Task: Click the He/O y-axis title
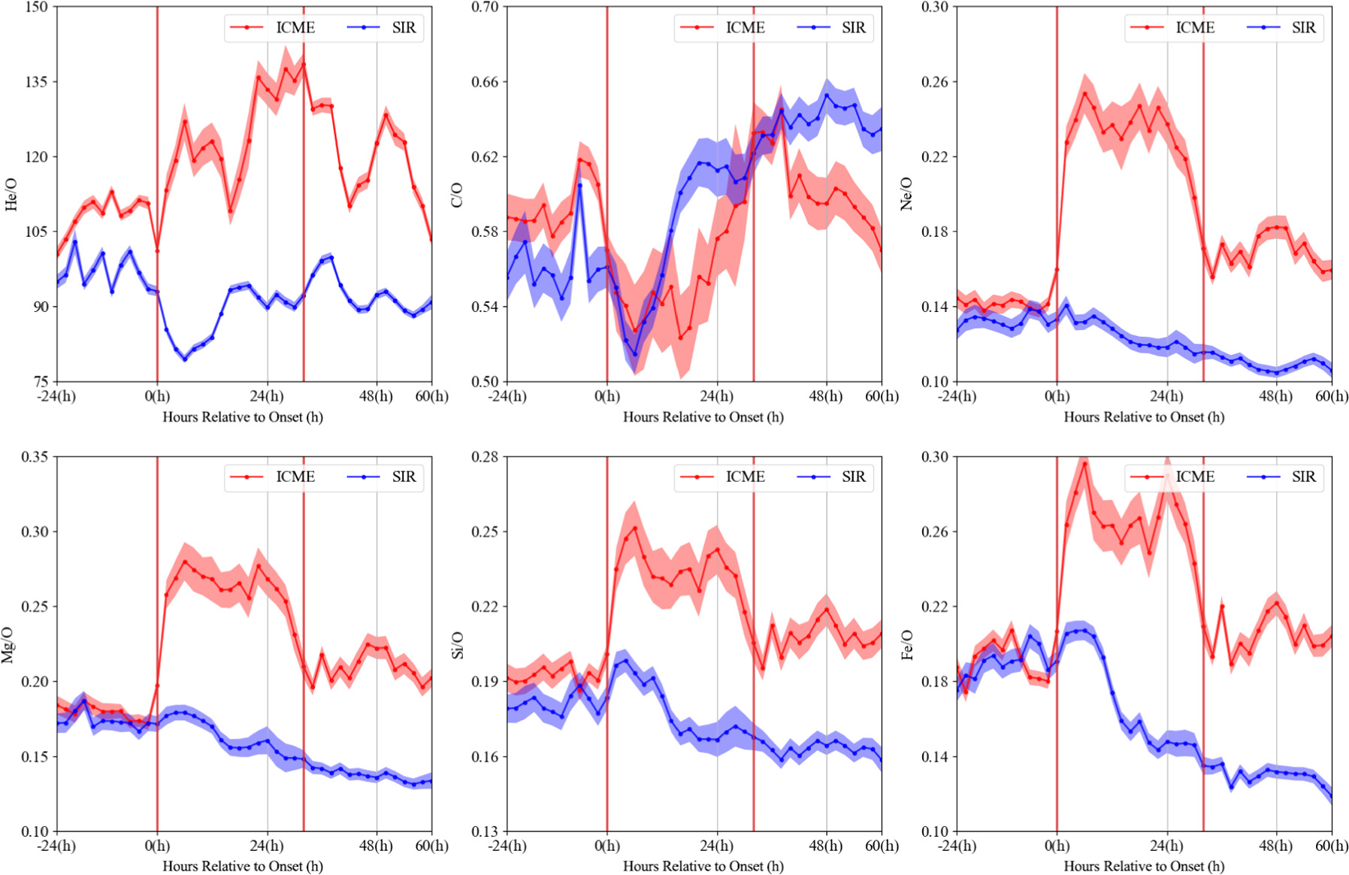(x=11, y=194)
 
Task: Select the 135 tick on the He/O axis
(x=36, y=82)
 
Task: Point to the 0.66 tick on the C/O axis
(x=485, y=82)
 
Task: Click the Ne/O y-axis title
(x=906, y=194)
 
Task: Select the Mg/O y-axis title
(x=8, y=644)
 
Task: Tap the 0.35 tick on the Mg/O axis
(x=35, y=457)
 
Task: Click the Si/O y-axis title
(x=458, y=645)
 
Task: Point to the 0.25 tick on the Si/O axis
(x=485, y=531)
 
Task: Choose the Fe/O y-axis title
(x=906, y=645)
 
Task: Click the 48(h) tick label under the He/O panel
(x=377, y=396)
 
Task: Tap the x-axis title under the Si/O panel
(x=703, y=866)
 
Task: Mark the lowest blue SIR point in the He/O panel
(x=185, y=359)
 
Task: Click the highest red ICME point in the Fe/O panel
(x=1084, y=463)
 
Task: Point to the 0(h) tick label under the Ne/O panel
(x=1057, y=396)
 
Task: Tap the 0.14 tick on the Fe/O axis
(x=935, y=756)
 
